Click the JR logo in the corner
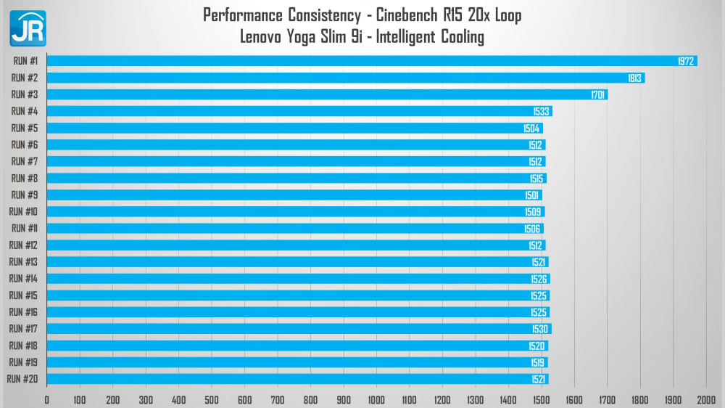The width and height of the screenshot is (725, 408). (28, 28)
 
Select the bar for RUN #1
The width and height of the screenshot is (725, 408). (371, 61)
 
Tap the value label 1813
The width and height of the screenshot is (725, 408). (634, 78)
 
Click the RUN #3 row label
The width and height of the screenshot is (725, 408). (25, 94)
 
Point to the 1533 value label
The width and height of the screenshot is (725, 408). (542, 112)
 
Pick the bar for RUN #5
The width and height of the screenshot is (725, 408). (294, 128)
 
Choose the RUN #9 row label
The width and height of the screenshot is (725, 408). (25, 195)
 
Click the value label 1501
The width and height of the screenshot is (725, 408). (532, 195)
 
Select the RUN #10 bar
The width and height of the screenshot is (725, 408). (296, 212)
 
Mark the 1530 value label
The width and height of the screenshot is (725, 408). (541, 330)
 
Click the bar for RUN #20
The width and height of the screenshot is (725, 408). (297, 379)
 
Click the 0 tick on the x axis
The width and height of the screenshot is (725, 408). (47, 399)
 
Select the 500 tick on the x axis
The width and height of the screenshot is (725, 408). (212, 399)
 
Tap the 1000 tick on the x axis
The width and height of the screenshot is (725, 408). (376, 399)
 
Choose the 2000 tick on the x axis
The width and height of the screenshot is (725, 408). (706, 399)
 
